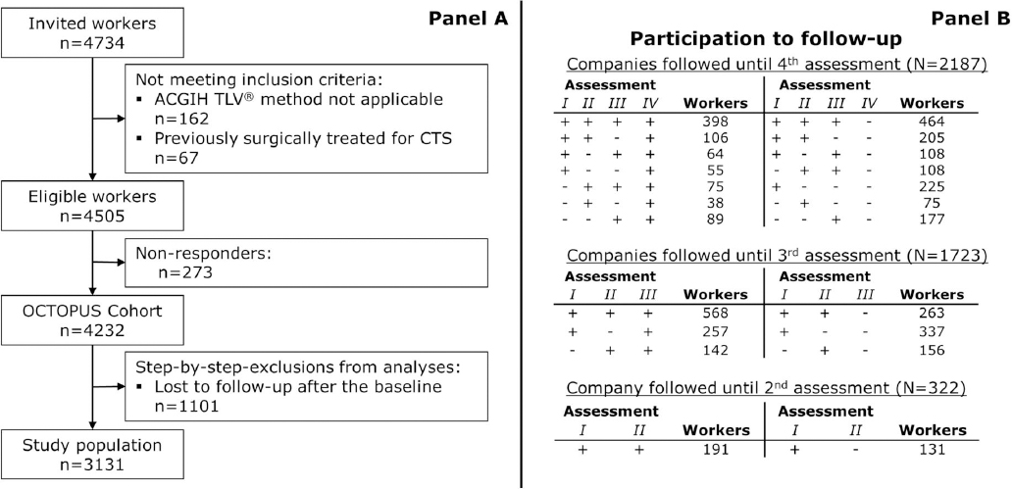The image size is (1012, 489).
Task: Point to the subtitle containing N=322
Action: pos(765,389)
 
